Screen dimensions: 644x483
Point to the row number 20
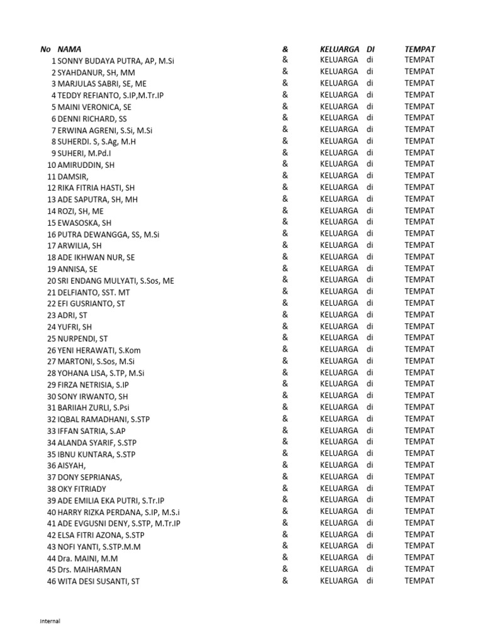[52, 280]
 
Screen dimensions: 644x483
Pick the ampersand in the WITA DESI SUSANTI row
[285, 580]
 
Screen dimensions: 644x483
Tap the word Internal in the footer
[50, 621]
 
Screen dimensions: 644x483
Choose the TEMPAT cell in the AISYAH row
[419, 465]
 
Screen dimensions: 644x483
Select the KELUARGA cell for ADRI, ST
[339, 314]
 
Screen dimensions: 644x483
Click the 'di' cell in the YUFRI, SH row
[370, 326]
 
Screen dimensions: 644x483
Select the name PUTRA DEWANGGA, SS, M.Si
[108, 235]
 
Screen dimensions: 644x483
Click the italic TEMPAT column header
[420, 49]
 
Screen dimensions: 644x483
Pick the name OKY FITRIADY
[82, 489]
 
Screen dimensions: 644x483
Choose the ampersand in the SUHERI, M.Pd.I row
[285, 152]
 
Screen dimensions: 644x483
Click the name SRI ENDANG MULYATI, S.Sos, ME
[116, 280]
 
